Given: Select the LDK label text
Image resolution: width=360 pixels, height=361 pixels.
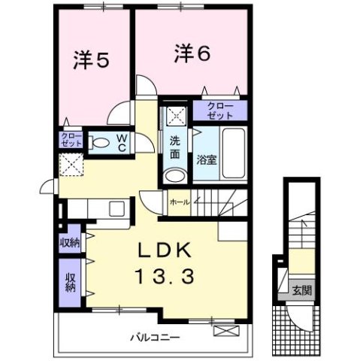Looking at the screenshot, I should (x=165, y=250).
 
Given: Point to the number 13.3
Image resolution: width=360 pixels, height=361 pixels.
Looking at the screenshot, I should (x=165, y=277).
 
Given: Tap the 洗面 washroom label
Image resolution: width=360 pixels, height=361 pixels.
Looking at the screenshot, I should (x=175, y=147).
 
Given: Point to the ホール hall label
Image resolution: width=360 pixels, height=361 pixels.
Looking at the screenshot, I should (x=179, y=202).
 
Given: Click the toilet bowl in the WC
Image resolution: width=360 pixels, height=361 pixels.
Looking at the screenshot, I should (x=100, y=143).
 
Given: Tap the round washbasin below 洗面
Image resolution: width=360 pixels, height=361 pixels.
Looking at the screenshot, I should (x=174, y=175).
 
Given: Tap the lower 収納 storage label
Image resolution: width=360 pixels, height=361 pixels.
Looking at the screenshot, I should (x=71, y=283).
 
